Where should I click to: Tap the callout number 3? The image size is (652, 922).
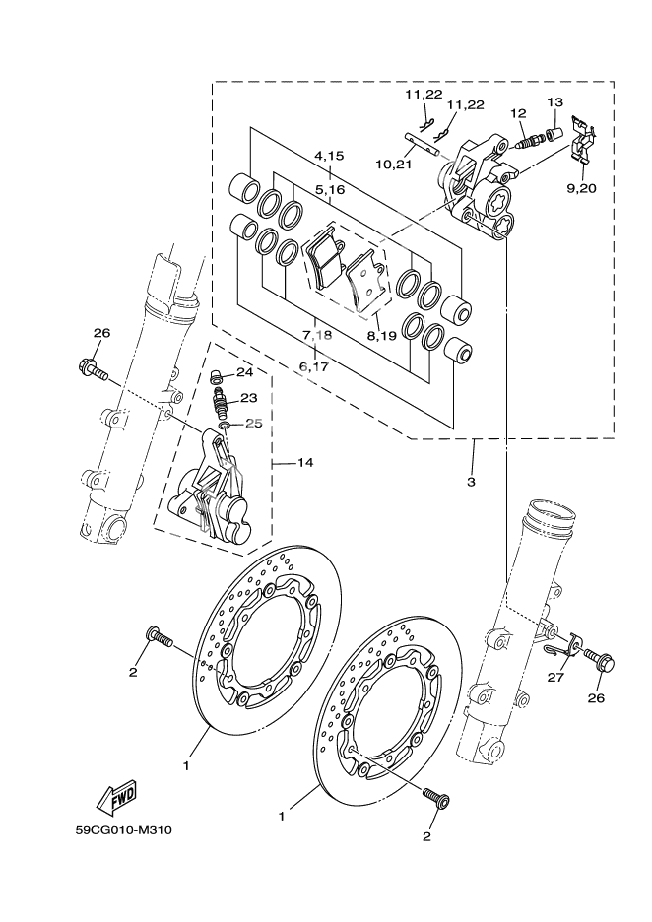(471, 482)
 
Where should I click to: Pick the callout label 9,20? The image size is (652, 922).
(583, 187)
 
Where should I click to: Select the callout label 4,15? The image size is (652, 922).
(329, 156)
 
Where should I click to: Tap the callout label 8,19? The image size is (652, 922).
(381, 336)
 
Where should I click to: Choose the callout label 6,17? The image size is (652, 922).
(314, 366)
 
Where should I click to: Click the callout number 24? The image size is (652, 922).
(245, 373)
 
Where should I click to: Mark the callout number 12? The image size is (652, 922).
(518, 114)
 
